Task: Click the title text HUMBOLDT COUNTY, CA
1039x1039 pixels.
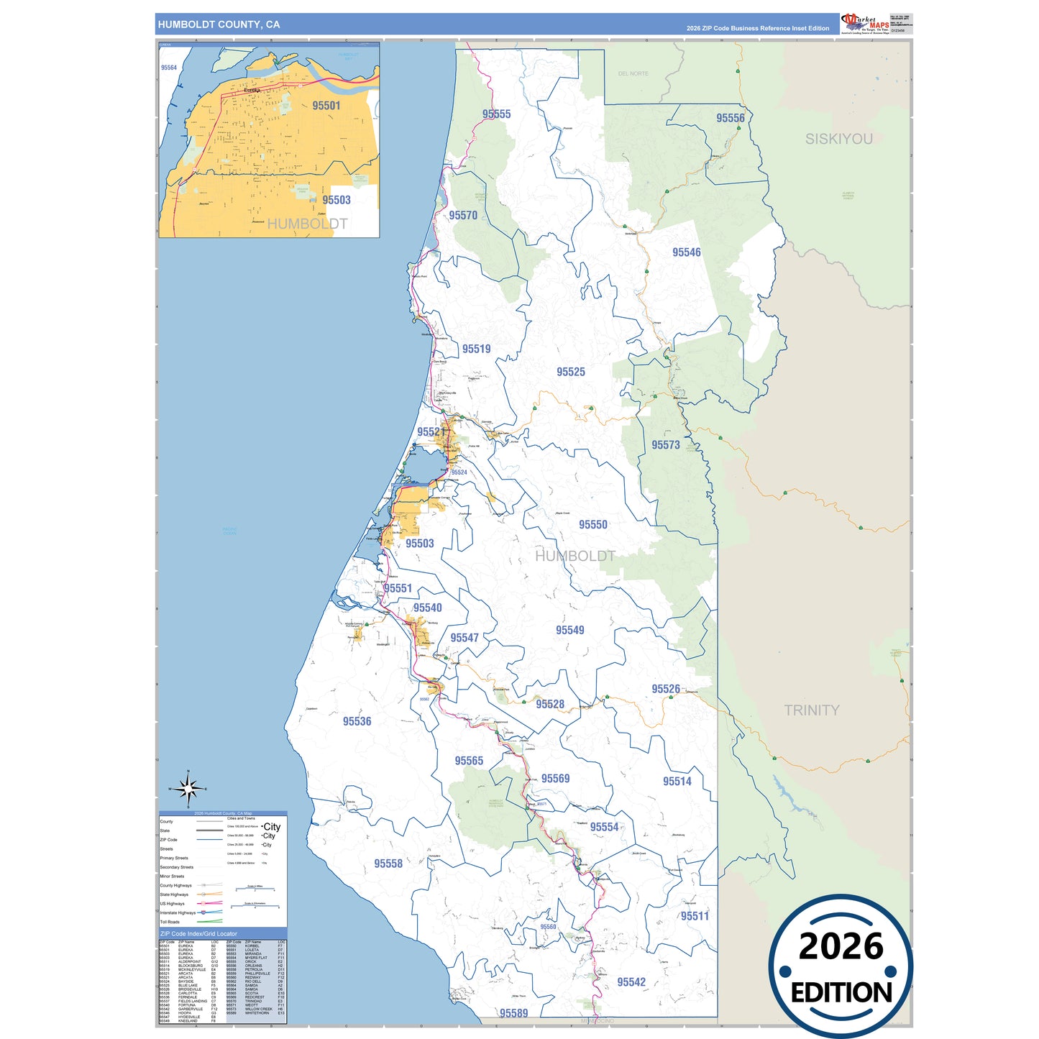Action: (219, 24)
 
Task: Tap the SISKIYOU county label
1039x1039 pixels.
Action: (838, 139)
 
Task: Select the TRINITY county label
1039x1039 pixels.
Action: (811, 710)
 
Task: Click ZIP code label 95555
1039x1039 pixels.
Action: (496, 114)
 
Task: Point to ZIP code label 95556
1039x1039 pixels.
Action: (730, 118)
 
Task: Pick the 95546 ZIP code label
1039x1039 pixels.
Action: (686, 252)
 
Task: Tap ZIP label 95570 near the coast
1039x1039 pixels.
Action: (463, 216)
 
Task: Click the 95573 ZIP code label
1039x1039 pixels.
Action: (665, 445)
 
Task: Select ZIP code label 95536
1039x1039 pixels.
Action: (357, 721)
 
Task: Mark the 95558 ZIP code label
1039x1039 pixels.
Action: (388, 864)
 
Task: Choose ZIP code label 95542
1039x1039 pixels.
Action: (631, 982)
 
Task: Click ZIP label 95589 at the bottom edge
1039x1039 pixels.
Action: (513, 1013)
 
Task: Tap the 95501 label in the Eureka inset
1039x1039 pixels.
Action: (326, 106)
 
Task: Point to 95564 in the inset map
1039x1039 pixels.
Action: (169, 68)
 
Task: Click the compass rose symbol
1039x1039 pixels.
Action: (188, 789)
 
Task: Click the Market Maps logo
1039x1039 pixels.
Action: (865, 23)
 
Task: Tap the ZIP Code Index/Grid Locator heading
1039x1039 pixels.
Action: (198, 934)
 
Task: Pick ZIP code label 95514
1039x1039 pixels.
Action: (677, 782)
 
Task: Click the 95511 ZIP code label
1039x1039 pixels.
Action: (695, 916)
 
